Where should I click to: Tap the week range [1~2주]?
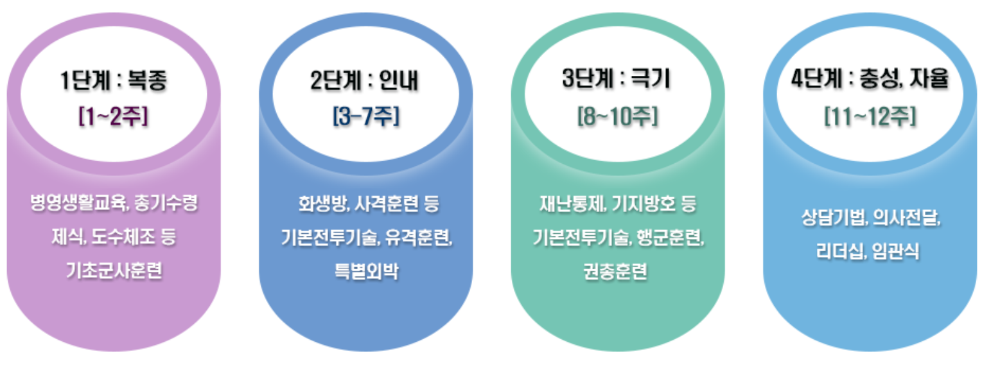click(x=114, y=118)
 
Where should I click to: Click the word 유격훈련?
click(x=420, y=238)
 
